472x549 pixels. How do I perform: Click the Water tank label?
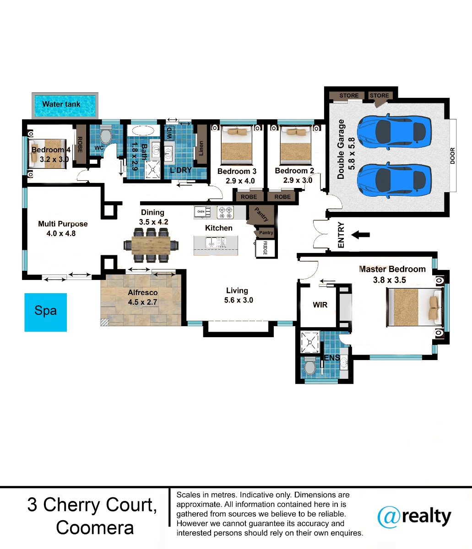click(x=61, y=104)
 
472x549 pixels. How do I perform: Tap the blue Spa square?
click(x=45, y=312)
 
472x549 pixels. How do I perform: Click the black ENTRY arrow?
click(x=360, y=235)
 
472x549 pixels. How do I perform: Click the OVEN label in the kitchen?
click(x=201, y=212)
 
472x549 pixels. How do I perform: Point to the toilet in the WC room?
click(x=106, y=136)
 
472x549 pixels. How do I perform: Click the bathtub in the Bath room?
click(x=143, y=131)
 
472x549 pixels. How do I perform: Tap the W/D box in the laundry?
click(x=169, y=133)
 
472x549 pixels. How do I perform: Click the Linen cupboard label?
click(x=201, y=148)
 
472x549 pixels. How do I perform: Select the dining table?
click(x=151, y=245)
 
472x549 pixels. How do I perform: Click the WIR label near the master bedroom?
click(x=320, y=305)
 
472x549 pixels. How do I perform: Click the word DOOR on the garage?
click(x=452, y=156)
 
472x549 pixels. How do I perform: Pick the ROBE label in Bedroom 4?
click(x=80, y=145)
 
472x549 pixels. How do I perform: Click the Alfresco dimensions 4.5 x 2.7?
click(x=142, y=302)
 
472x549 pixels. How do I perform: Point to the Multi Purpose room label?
click(x=63, y=224)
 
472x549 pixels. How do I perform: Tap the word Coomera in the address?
click(x=95, y=527)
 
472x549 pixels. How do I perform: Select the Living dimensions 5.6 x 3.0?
click(x=239, y=300)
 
